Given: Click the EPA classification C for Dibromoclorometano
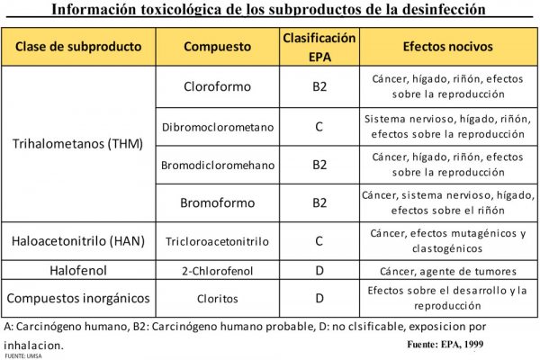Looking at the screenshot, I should pyautogui.click(x=319, y=126).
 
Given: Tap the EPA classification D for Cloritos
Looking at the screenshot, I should pyautogui.click(x=319, y=298).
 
